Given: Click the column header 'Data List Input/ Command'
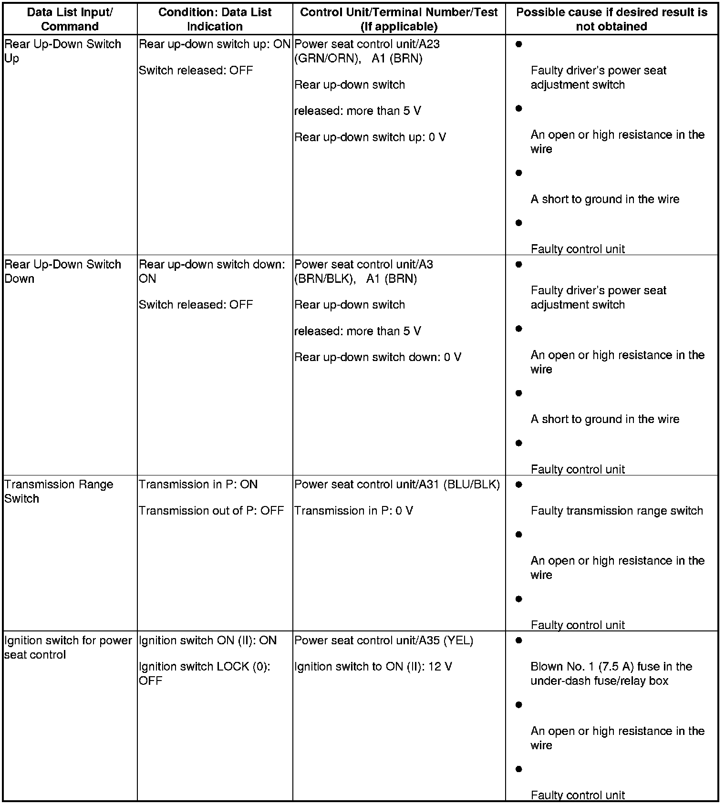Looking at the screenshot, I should click(x=70, y=19).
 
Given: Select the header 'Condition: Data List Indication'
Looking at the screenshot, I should click(x=215, y=19).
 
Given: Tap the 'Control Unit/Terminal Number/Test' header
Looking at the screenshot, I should click(x=399, y=19).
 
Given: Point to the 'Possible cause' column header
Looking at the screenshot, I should click(x=611, y=19).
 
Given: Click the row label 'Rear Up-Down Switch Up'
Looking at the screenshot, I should click(x=62, y=51).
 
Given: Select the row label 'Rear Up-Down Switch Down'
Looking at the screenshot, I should click(x=62, y=271).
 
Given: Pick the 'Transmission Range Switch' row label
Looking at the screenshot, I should click(x=59, y=491).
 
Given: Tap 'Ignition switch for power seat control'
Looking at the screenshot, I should click(x=68, y=647).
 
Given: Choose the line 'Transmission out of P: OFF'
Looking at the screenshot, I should click(x=211, y=511).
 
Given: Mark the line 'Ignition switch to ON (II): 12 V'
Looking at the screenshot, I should click(x=373, y=667).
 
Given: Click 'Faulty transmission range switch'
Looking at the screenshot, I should click(x=617, y=511).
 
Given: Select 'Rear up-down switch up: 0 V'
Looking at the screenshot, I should click(x=370, y=137).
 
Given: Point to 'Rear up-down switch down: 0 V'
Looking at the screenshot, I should click(x=378, y=357).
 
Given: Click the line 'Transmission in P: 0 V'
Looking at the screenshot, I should click(x=353, y=511).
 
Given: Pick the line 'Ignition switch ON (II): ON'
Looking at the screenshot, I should click(x=207, y=640).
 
